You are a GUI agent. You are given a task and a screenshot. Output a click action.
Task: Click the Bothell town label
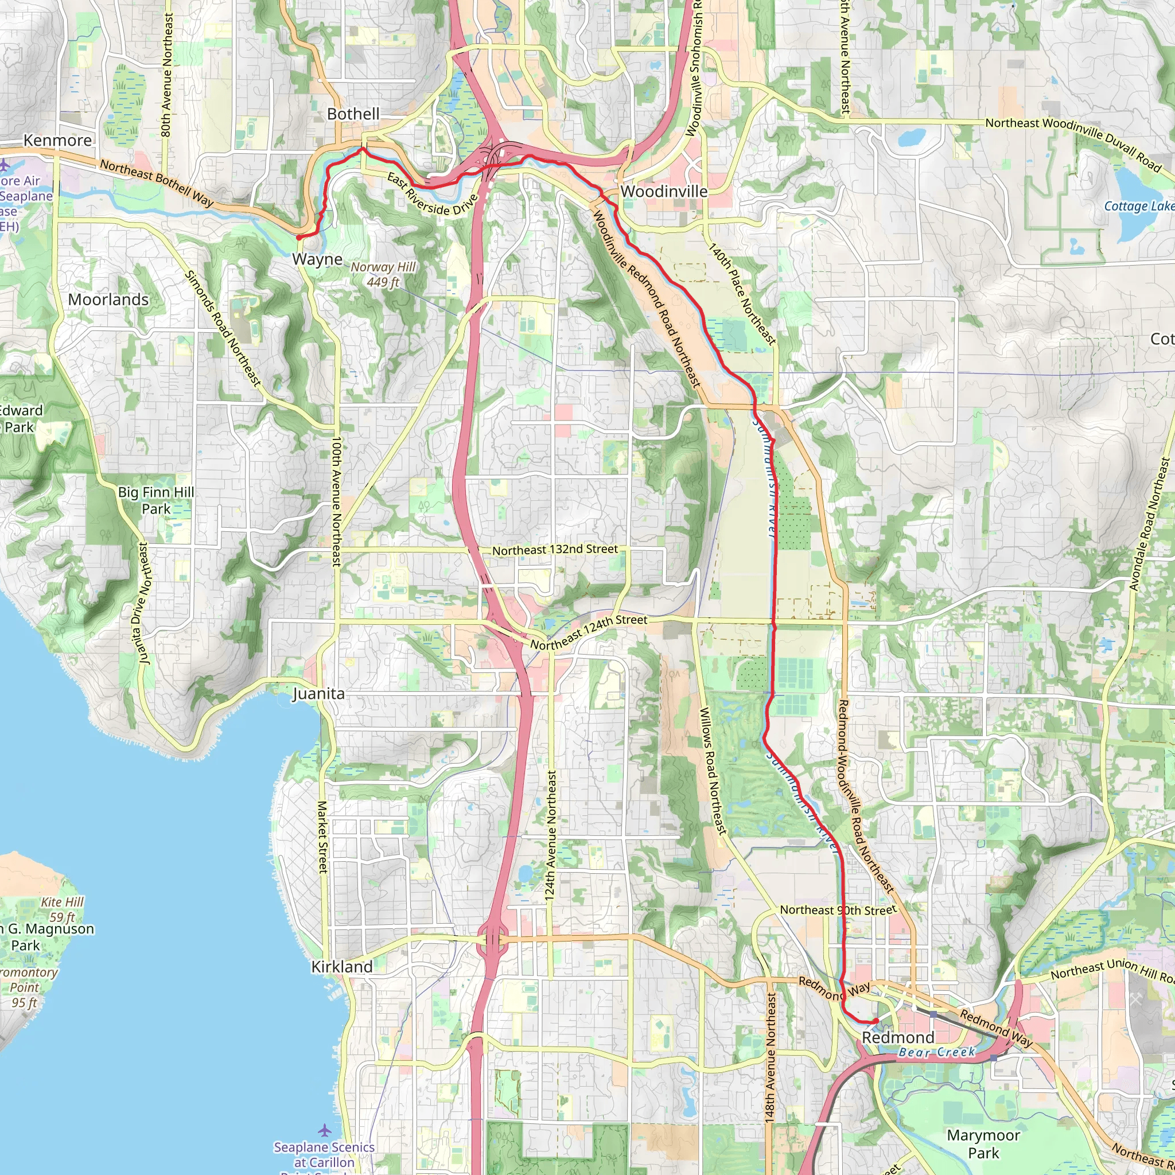pyautogui.click(x=353, y=114)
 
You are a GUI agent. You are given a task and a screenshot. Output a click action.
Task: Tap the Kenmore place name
pyautogui.click(x=58, y=141)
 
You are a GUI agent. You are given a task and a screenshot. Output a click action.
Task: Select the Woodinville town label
pyautogui.click(x=664, y=192)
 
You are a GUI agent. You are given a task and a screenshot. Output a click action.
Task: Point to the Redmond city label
pyautogui.click(x=898, y=1037)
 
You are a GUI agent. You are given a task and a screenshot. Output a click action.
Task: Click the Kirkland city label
pyautogui.click(x=342, y=966)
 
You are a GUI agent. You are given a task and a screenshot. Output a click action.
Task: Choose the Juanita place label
pyautogui.click(x=318, y=694)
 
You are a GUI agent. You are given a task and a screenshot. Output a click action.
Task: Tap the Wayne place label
pyautogui.click(x=317, y=259)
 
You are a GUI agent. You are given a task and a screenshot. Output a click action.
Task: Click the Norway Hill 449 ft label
pyautogui.click(x=383, y=274)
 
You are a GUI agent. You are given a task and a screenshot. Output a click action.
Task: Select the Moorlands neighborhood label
pyautogui.click(x=108, y=300)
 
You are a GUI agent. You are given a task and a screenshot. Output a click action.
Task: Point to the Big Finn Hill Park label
pyautogui.click(x=156, y=500)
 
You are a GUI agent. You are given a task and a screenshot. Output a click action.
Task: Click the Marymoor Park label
pyautogui.click(x=983, y=1143)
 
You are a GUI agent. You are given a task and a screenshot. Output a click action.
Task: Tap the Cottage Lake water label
pyautogui.click(x=1138, y=206)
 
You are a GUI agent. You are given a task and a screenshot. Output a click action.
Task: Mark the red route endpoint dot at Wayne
pyautogui.click(x=299, y=238)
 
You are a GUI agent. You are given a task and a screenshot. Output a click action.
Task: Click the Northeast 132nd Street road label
pyautogui.click(x=555, y=550)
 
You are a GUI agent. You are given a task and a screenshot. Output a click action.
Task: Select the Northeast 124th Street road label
pyautogui.click(x=588, y=632)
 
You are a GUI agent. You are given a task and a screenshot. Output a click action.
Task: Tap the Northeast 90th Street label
pyautogui.click(x=838, y=910)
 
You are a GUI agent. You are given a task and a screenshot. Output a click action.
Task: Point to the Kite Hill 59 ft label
pyautogui.click(x=62, y=909)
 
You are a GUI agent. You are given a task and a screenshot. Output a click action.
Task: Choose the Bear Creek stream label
pyautogui.click(x=936, y=1052)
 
